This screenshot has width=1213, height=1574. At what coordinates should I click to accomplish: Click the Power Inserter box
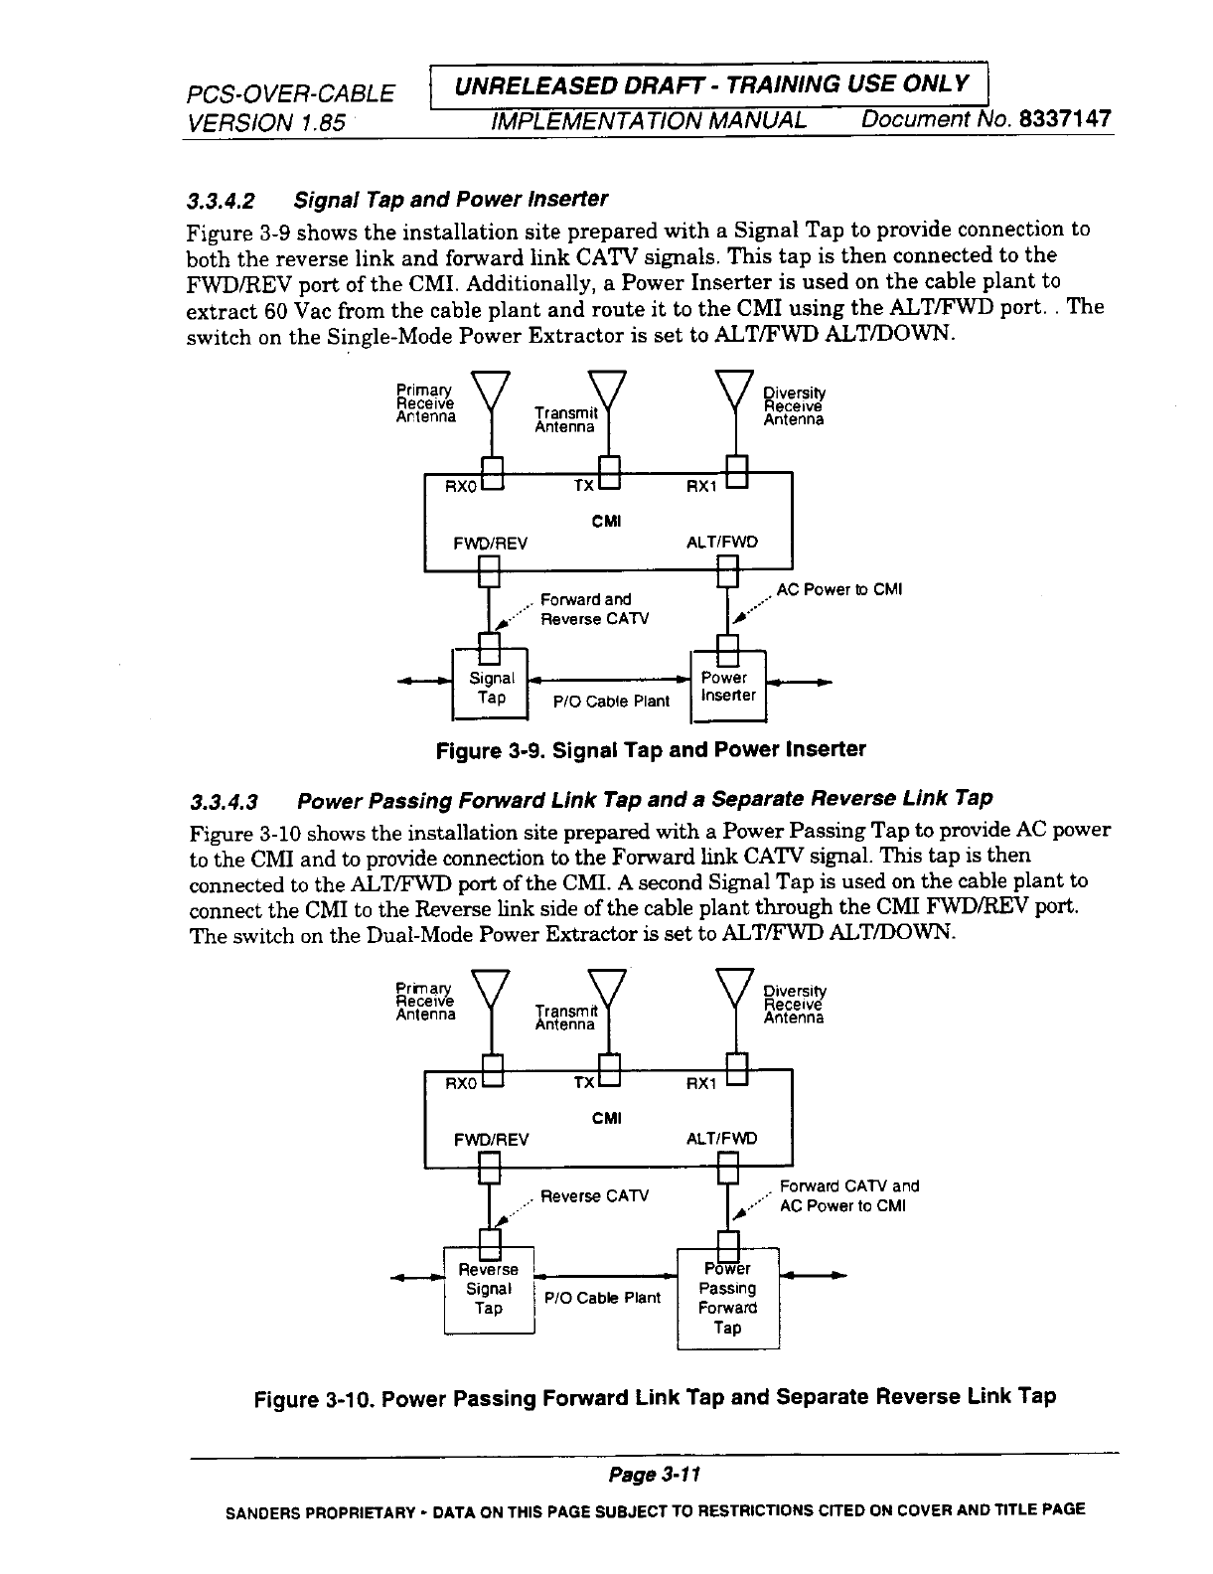tap(728, 687)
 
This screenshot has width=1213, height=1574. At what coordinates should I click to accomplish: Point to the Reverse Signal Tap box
tap(488, 1289)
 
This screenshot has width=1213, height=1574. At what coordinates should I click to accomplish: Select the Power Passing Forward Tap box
tap(727, 1298)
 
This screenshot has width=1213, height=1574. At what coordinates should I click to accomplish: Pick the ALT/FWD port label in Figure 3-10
tap(722, 1139)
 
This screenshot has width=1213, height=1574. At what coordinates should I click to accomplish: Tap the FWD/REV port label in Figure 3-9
tap(490, 543)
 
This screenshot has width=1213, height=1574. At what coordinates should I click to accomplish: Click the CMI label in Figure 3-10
tap(606, 1119)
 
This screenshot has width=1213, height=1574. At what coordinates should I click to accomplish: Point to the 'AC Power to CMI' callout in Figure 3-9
tap(838, 589)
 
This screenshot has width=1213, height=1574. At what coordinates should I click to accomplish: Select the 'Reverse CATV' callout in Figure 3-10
tap(594, 1195)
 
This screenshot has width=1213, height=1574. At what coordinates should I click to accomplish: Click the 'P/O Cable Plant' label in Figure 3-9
tap(611, 701)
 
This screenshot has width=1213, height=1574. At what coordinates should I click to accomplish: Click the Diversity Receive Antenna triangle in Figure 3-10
tap(736, 986)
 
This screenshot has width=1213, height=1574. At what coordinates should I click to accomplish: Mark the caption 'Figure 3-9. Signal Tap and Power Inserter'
tap(651, 749)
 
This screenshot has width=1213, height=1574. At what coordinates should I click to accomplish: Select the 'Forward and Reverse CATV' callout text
tap(593, 609)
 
